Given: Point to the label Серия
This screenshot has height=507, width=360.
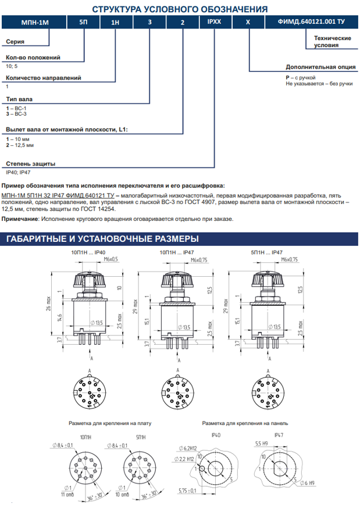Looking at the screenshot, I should pyautogui.click(x=15, y=42).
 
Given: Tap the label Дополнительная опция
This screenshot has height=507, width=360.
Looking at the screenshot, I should pyautogui.click(x=320, y=67).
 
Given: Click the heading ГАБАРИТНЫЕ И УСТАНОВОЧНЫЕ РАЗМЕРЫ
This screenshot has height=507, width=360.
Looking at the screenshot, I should pyautogui.click(x=102, y=239).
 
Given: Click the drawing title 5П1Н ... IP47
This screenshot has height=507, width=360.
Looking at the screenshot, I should pyautogui.click(x=266, y=252).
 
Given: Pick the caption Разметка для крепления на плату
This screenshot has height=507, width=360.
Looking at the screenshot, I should pyautogui.click(x=106, y=423).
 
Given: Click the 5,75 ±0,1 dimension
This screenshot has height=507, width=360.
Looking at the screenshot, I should pyautogui.click(x=187, y=491).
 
